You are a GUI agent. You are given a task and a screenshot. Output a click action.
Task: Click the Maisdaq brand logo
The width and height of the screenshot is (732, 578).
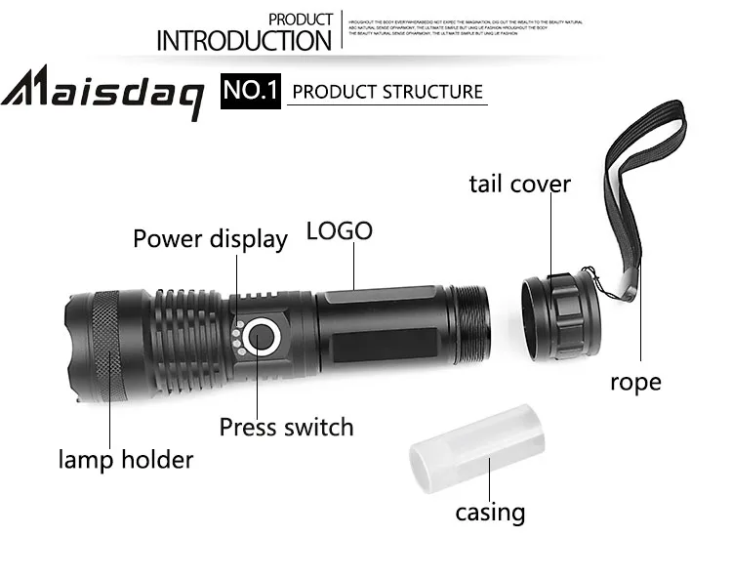[102, 94]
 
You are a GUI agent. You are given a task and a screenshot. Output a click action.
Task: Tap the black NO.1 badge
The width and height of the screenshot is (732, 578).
[251, 92]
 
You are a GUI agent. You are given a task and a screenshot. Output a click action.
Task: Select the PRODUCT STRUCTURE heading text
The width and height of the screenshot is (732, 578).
[387, 92]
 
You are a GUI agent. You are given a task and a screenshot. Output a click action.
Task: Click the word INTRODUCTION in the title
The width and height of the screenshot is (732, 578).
[244, 41]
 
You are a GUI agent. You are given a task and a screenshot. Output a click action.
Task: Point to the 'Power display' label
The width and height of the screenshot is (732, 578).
[210, 238]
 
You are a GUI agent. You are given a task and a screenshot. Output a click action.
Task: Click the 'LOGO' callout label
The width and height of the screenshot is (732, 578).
[339, 231]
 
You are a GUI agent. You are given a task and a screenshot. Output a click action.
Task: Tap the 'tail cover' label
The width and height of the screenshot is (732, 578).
[519, 184]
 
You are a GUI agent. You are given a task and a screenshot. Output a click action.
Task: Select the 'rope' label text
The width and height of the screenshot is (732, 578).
[635, 382]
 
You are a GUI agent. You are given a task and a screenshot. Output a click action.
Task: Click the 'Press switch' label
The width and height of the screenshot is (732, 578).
[286, 426]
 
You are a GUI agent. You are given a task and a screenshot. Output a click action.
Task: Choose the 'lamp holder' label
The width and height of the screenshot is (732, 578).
[126, 459]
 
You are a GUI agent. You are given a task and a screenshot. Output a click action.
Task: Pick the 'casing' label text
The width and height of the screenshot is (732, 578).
[490, 512]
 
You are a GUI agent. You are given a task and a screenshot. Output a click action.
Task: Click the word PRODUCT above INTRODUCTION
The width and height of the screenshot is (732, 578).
[300, 20]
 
